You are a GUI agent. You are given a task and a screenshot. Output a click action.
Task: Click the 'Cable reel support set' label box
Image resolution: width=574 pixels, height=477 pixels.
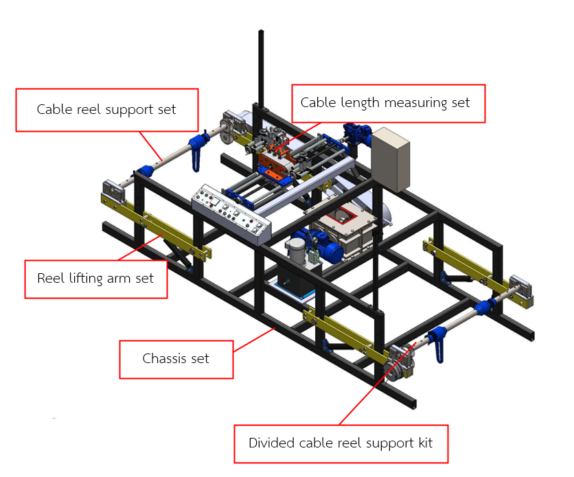tap(106, 110)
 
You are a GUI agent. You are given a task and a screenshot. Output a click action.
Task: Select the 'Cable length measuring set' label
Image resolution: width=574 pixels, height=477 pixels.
tap(389, 103)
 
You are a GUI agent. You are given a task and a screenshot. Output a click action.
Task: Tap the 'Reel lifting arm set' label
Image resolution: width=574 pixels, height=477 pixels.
tap(95, 279)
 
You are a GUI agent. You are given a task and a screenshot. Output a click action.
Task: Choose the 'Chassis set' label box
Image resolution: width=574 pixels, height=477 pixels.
tap(176, 358)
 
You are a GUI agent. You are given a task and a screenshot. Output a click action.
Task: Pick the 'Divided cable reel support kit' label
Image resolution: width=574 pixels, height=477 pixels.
tap(341, 443)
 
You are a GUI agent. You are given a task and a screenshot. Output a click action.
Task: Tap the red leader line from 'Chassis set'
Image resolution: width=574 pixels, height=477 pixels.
tap(254, 340)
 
